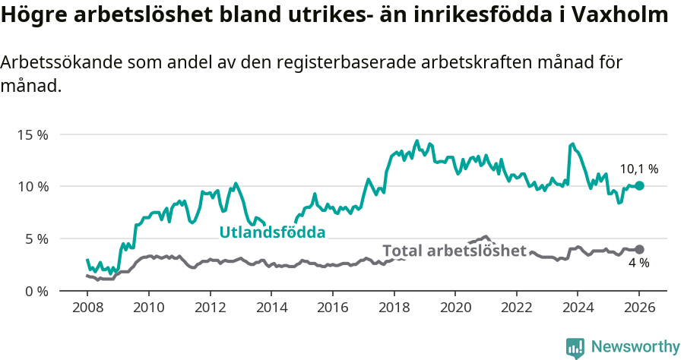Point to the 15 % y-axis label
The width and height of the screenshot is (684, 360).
coord(33,134)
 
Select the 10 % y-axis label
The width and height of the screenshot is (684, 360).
coord(33,187)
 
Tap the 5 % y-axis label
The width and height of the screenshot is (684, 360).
coord(36,238)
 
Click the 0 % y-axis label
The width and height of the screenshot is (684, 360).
coord(36,291)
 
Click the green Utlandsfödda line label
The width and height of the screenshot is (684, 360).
coord(272,232)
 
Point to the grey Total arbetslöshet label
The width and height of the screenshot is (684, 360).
coord(454,251)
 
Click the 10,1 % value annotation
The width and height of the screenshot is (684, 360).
coord(639,169)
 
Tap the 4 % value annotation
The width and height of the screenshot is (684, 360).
coord(638,264)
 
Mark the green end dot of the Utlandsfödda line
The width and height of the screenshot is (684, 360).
coord(639,185)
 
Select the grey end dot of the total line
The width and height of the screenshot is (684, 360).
coord(639,249)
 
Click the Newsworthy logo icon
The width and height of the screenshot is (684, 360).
coord(575,347)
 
